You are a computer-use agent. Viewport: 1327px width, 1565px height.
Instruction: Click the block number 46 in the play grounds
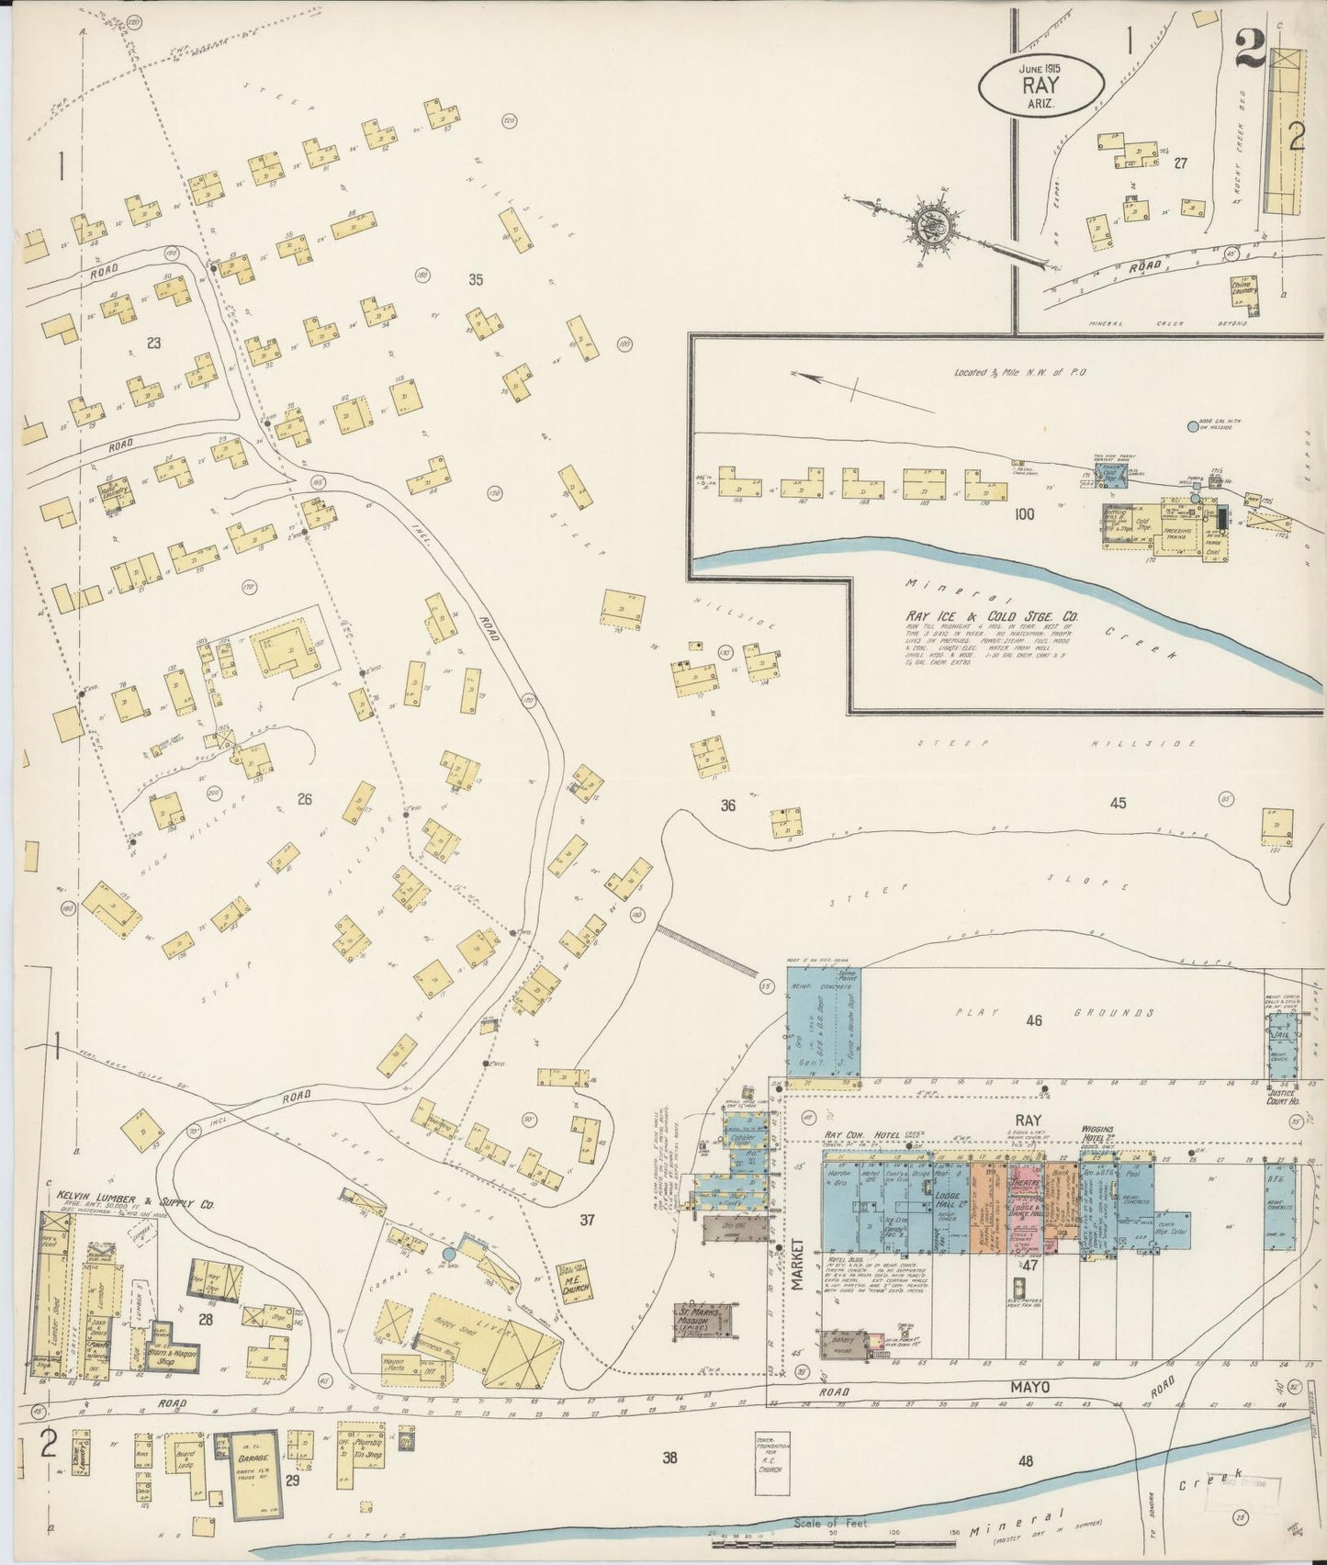[x=1034, y=1019]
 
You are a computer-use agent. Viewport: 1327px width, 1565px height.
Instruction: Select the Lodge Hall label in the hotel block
[x=947, y=1193]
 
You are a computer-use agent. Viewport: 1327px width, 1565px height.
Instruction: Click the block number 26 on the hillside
[x=305, y=799]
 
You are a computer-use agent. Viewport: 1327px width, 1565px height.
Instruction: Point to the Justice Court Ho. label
[x=1281, y=1095]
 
